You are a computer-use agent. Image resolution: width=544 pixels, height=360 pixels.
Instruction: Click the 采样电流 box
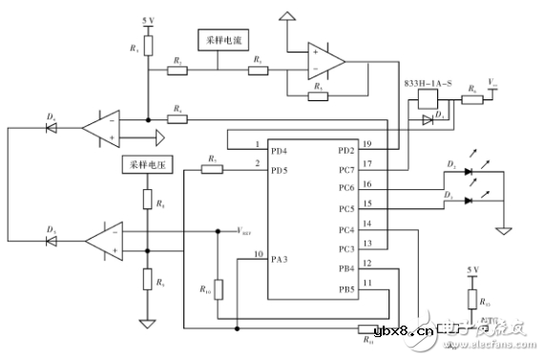(x=219, y=41)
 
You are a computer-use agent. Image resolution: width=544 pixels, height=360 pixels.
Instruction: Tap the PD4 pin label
(x=279, y=151)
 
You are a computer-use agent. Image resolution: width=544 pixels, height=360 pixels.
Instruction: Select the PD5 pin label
(x=279, y=170)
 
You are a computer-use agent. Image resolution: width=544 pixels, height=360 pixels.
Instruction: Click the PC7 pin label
(x=347, y=170)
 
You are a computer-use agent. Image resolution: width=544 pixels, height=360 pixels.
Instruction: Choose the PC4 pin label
(x=347, y=228)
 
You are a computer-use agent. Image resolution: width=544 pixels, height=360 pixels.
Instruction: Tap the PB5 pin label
(x=347, y=288)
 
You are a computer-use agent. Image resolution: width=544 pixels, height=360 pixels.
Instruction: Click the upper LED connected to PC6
(x=469, y=172)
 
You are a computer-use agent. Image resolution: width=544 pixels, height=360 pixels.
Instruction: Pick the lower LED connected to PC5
(x=469, y=201)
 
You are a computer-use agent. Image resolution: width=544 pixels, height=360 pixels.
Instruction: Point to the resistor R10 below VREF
(x=219, y=289)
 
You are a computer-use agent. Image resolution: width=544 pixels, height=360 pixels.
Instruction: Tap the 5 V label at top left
(x=147, y=20)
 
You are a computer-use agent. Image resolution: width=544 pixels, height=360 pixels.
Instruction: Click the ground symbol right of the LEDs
(x=501, y=229)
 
